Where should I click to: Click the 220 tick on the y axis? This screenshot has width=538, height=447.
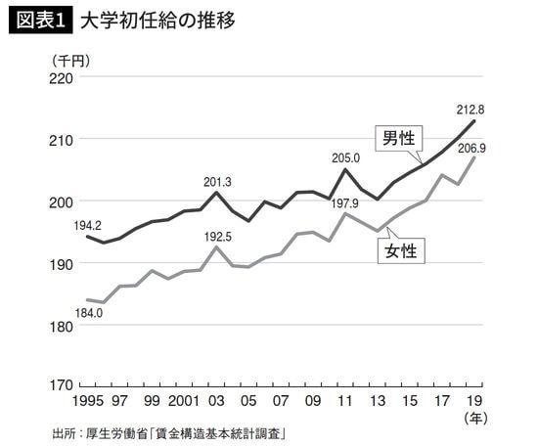click(x=62, y=76)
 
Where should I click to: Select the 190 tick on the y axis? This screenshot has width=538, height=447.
click(x=62, y=263)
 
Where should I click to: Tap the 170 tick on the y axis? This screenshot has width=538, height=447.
click(x=62, y=384)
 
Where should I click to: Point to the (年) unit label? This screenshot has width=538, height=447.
click(x=472, y=418)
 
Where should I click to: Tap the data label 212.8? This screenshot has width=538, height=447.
click(x=471, y=109)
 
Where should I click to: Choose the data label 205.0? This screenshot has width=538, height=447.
click(x=345, y=157)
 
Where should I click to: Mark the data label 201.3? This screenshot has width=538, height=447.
click(x=217, y=181)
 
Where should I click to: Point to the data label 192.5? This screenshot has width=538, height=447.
click(x=216, y=236)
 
